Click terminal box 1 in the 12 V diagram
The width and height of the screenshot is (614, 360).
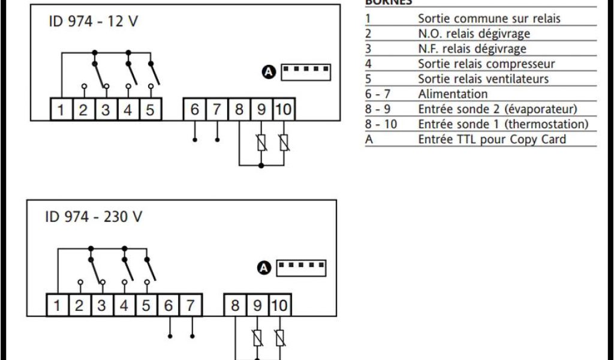pyautogui.click(x=61, y=110)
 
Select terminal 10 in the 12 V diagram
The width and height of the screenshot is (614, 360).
pyautogui.click(x=284, y=110)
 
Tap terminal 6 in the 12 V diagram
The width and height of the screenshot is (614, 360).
pyautogui.click(x=194, y=110)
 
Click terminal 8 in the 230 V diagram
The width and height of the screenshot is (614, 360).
pyautogui.click(x=235, y=305)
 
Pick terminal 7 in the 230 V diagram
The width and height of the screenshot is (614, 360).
pyautogui.click(x=190, y=305)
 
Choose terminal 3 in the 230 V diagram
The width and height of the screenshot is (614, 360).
pyautogui.click(x=101, y=305)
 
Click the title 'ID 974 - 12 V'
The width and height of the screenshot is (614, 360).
pyautogui.click(x=93, y=22)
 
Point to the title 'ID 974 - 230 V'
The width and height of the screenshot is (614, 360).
pyautogui.click(x=94, y=217)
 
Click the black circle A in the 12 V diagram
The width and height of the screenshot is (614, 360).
pyautogui.click(x=269, y=73)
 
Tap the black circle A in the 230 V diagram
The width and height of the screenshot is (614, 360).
pyautogui.click(x=264, y=268)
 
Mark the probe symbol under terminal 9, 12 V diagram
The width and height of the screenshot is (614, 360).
pyautogui.click(x=261, y=143)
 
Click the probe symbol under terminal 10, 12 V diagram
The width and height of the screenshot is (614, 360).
pyautogui.click(x=284, y=143)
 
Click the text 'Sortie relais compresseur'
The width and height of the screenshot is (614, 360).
pyautogui.click(x=486, y=64)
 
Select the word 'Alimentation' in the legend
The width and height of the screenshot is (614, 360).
pyautogui.click(x=453, y=94)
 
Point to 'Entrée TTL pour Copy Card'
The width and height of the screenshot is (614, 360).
pyautogui.click(x=492, y=139)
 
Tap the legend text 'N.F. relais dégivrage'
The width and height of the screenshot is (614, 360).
pyautogui.click(x=472, y=49)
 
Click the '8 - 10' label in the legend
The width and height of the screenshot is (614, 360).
pyautogui.click(x=381, y=124)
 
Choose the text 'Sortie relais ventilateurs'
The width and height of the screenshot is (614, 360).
pyautogui.click(x=483, y=79)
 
